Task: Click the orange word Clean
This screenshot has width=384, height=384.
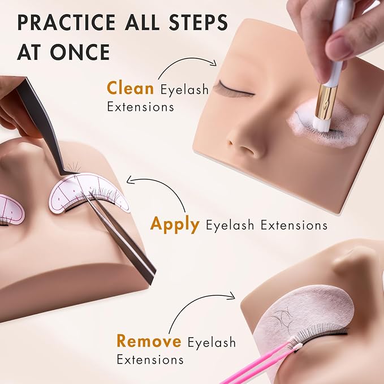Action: (x=131, y=89)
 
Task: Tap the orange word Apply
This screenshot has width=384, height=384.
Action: (x=175, y=225)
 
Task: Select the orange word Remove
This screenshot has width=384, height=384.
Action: (x=149, y=342)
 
